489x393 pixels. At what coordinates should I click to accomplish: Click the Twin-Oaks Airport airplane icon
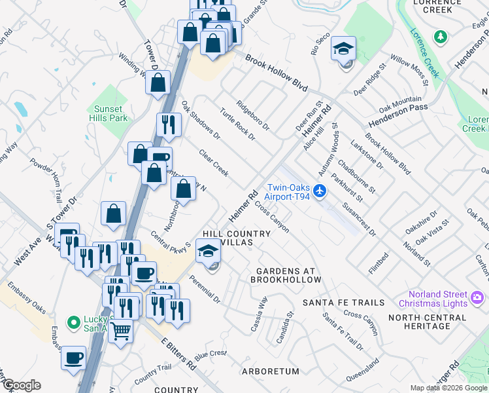click(x=319, y=191)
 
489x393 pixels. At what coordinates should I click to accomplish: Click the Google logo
click(x=22, y=385)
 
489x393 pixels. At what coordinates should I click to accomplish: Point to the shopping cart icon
click(x=120, y=331)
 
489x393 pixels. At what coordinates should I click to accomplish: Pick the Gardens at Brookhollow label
click(x=286, y=275)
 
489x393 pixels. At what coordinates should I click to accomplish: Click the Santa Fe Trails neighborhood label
click(x=343, y=303)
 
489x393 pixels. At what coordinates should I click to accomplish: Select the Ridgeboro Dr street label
click(x=253, y=115)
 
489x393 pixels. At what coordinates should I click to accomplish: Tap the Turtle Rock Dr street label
click(x=237, y=123)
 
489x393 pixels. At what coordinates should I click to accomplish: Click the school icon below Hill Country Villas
click(x=208, y=251)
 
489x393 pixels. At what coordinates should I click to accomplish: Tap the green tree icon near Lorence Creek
click(x=441, y=35)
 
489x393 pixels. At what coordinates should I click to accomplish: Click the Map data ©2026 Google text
click(x=448, y=388)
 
